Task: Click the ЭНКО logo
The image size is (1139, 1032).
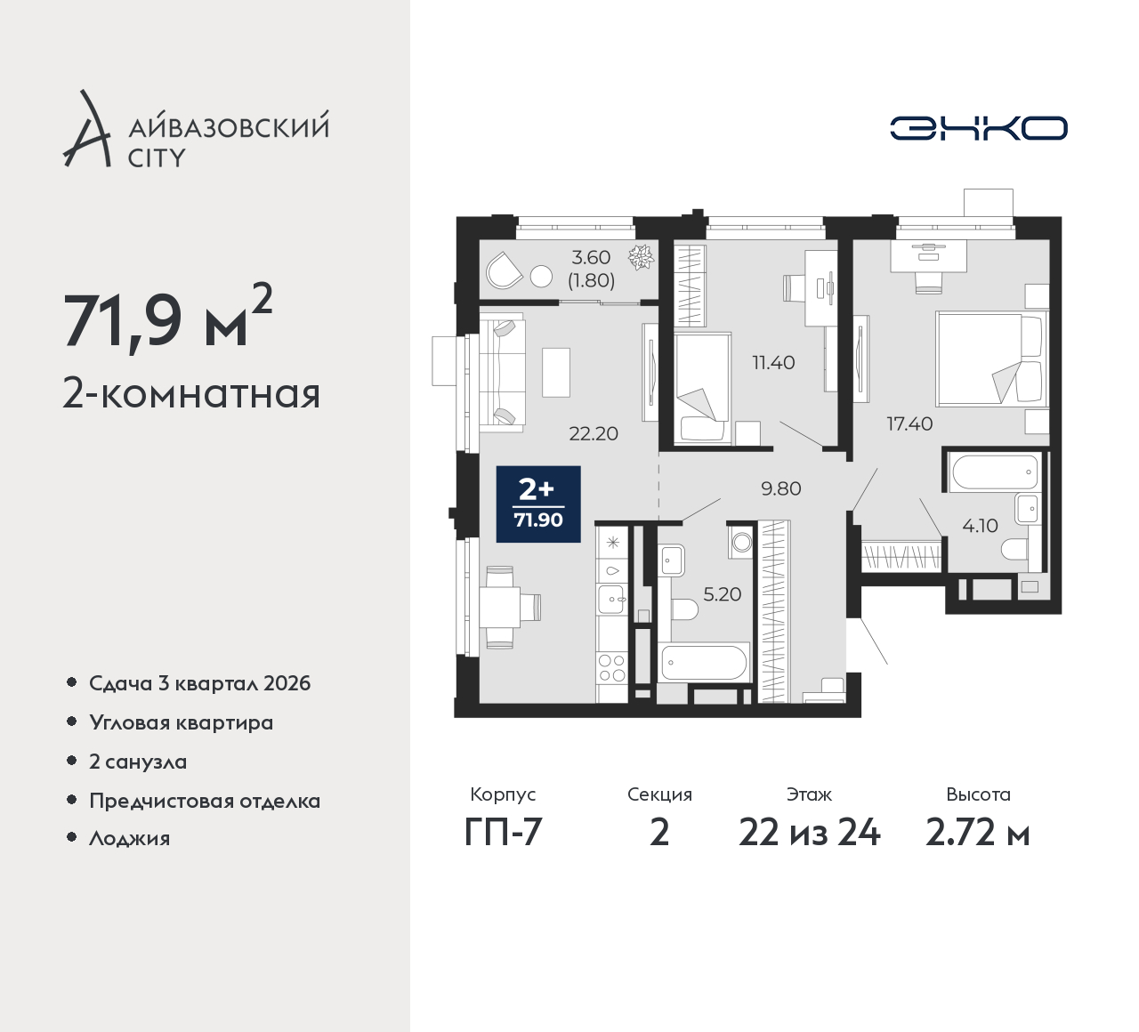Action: [978, 128]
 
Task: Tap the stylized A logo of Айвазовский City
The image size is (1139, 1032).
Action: [85, 128]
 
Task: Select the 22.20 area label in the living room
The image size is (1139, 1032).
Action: [594, 433]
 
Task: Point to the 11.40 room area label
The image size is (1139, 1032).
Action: [773, 362]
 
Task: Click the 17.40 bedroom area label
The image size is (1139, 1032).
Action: [909, 423]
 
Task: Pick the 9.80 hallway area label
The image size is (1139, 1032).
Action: [780, 488]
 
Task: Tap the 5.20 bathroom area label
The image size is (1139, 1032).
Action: [723, 594]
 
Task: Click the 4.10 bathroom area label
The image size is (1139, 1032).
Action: [980, 526]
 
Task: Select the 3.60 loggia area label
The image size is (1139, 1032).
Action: [591, 257]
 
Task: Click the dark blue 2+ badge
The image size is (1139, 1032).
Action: [538, 504]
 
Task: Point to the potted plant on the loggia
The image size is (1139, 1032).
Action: [641, 257]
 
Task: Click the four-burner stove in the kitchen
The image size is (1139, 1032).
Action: [612, 667]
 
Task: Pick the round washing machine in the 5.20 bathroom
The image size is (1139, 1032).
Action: [741, 542]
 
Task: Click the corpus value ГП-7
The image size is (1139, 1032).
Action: [504, 834]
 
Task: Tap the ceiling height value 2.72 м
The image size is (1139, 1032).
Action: [978, 834]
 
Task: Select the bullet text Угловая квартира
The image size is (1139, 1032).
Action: [182, 723]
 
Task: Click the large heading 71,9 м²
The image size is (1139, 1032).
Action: [168, 319]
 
